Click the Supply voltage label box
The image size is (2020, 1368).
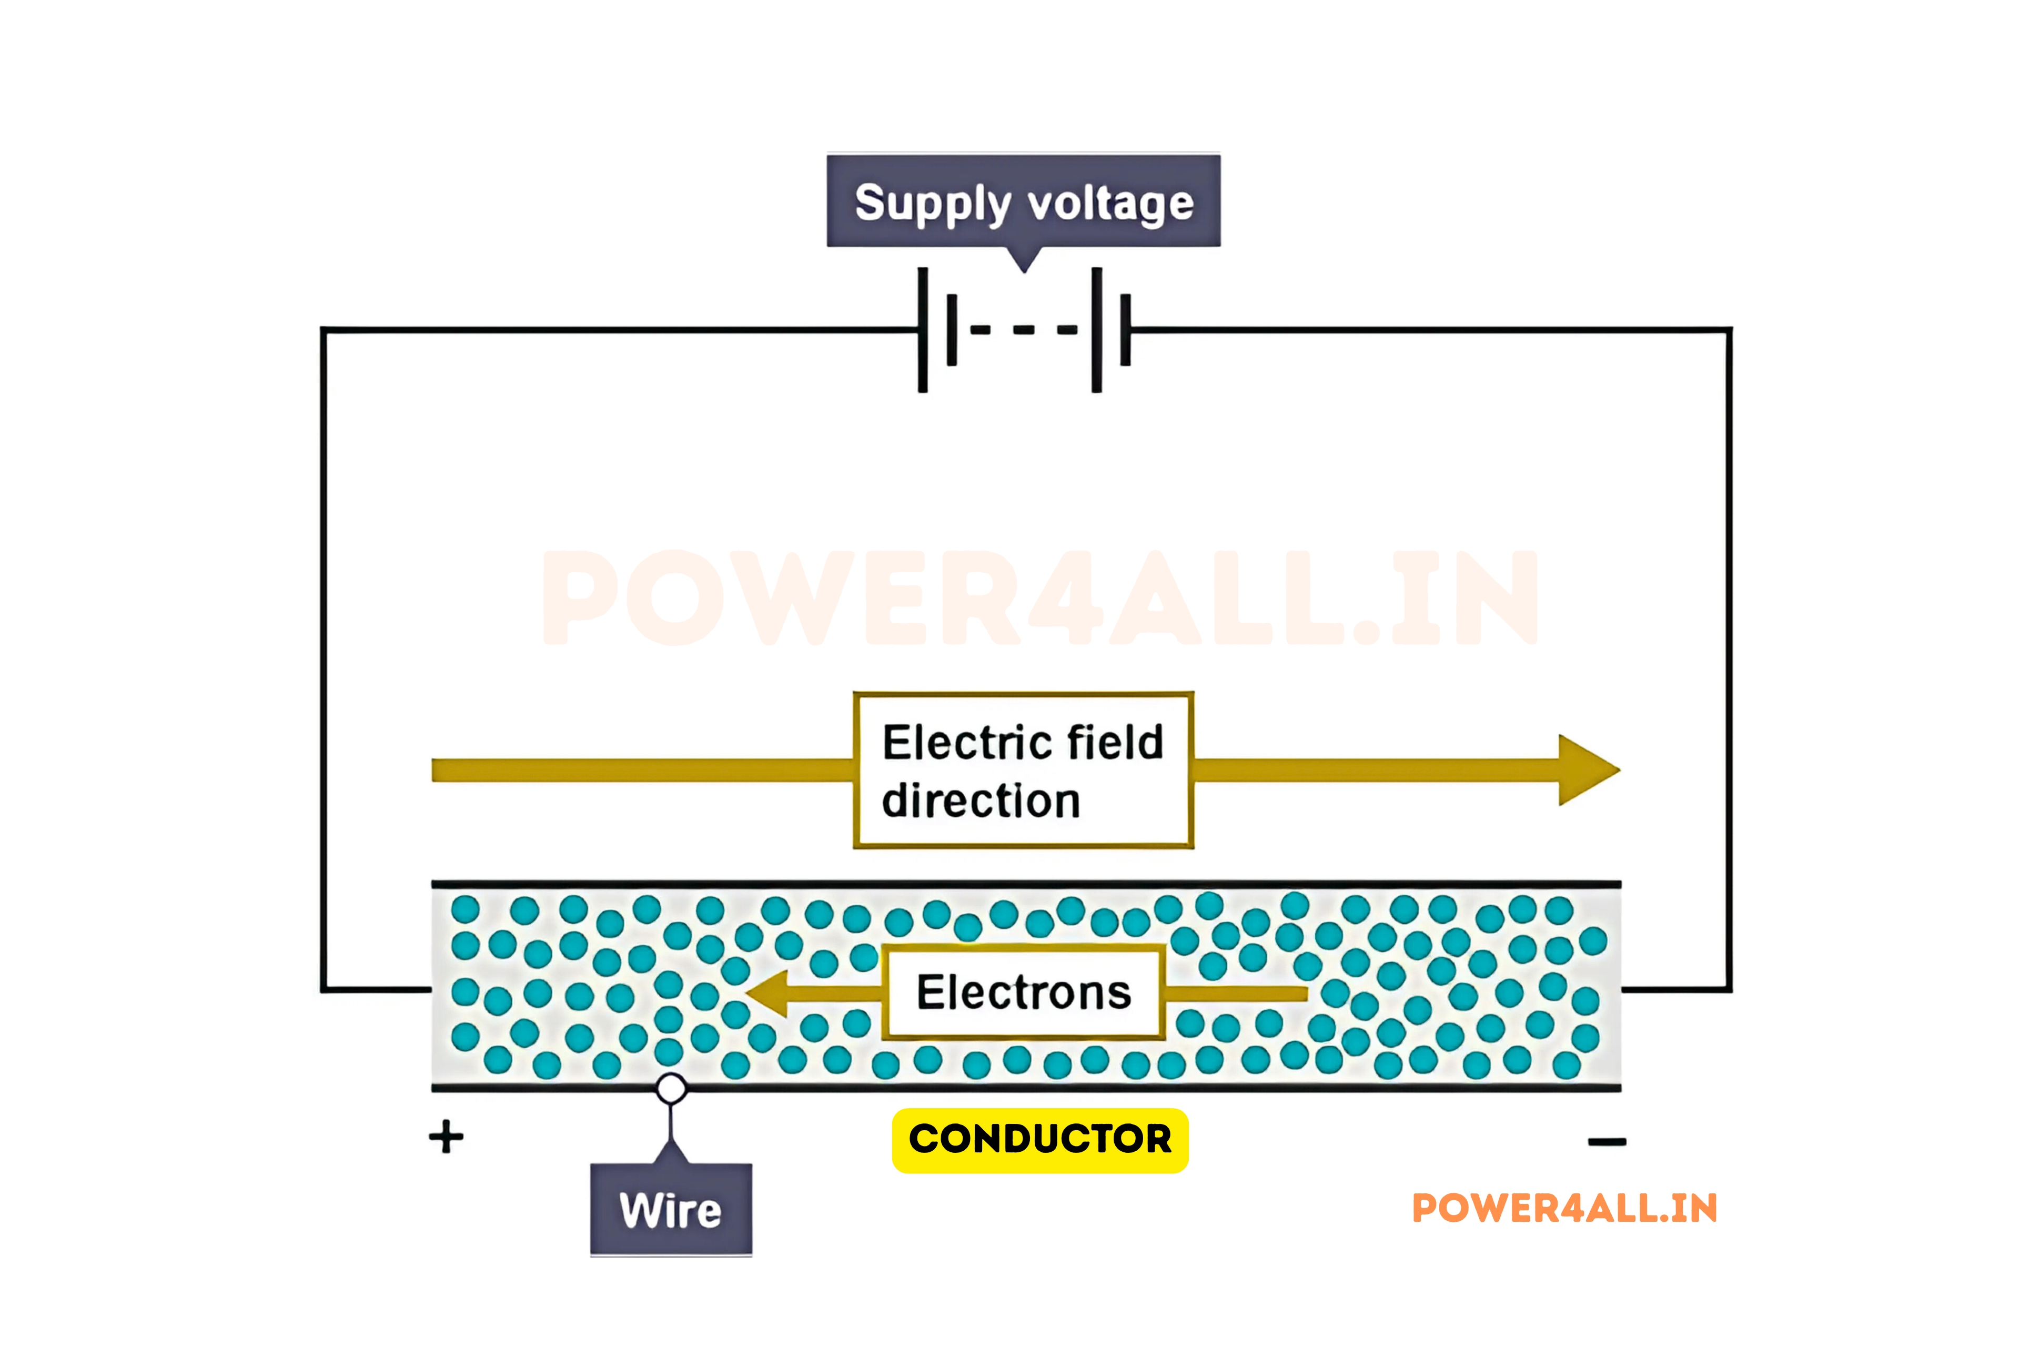[1023, 201]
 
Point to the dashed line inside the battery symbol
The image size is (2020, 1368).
[1023, 329]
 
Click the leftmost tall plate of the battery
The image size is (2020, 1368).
[922, 329]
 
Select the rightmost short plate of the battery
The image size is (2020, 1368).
[1126, 329]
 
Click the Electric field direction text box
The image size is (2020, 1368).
[1023, 770]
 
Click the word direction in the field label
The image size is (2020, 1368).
[981, 800]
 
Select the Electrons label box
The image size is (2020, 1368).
[1023, 992]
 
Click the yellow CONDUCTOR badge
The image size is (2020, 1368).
[1039, 1139]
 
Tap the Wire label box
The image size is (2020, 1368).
[670, 1210]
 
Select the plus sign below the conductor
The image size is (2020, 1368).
[446, 1137]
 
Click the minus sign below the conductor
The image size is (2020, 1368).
[1606, 1142]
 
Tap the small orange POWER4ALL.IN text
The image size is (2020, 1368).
[1564, 1208]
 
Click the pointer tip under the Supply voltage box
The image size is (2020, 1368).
[1024, 269]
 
